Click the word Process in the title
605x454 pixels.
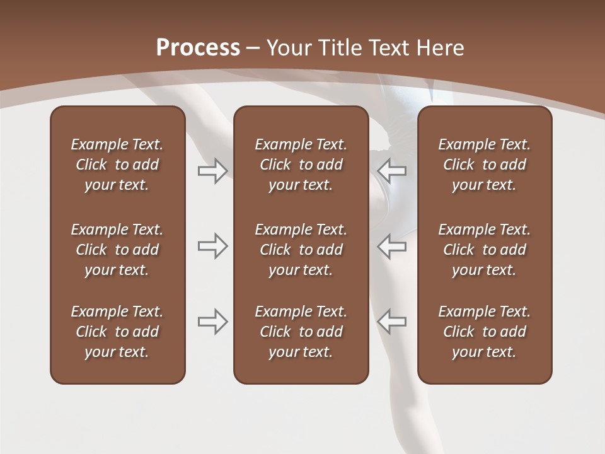(x=198, y=48)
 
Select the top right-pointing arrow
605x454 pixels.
(x=212, y=170)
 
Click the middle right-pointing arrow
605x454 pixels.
(x=212, y=246)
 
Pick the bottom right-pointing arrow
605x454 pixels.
(x=212, y=322)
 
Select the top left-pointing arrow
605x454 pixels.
(x=391, y=170)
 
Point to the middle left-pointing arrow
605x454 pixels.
(x=391, y=246)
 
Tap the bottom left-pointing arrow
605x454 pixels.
(x=391, y=322)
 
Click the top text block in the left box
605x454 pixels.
(x=117, y=165)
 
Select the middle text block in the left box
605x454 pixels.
(x=117, y=250)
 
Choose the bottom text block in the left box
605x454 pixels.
(x=117, y=332)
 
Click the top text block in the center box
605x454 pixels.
(x=301, y=165)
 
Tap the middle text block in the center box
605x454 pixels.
(x=301, y=250)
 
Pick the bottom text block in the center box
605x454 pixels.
(x=301, y=332)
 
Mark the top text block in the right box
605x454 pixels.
(x=484, y=165)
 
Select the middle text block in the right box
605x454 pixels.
(x=484, y=250)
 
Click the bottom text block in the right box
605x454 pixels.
(x=484, y=332)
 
